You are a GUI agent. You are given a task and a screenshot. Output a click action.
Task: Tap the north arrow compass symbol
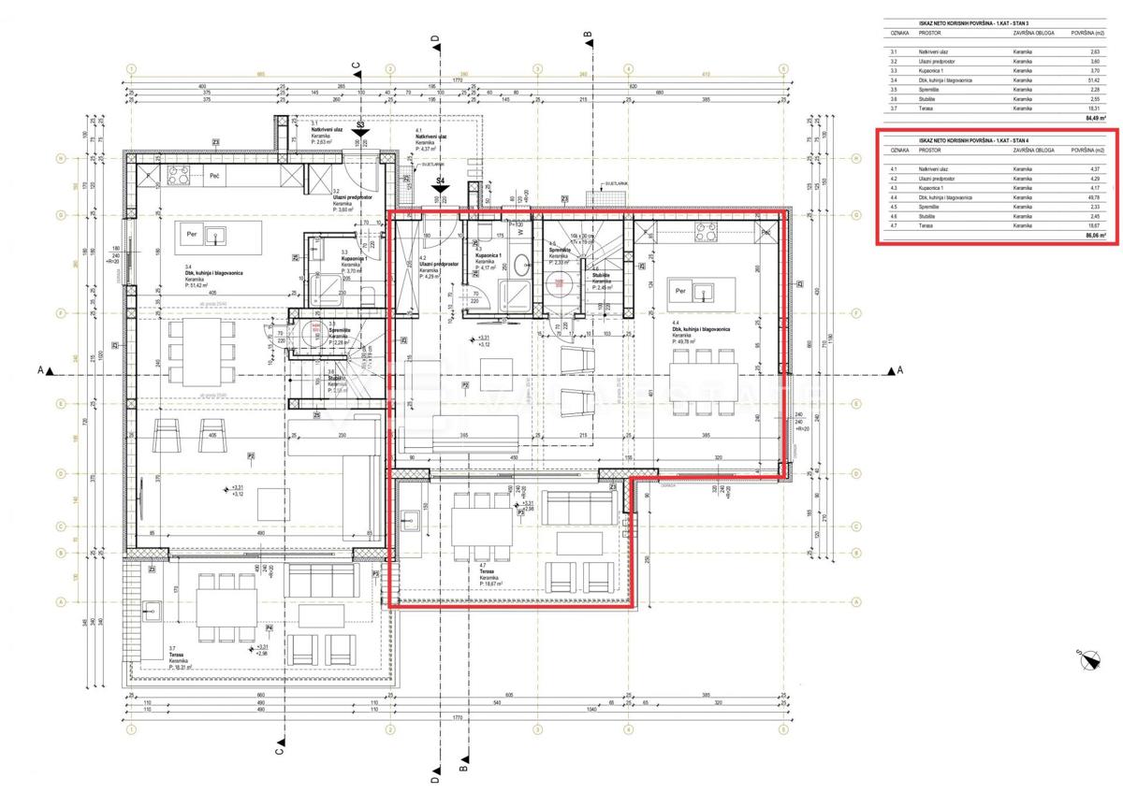point(1089,660)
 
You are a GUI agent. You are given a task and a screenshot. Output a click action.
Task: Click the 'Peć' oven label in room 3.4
point(214,176)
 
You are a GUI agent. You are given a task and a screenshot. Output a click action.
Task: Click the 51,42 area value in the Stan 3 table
point(1095,80)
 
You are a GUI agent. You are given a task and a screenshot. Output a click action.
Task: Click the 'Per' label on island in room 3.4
point(192,234)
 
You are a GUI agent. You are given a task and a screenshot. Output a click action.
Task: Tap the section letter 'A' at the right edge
point(900,371)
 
